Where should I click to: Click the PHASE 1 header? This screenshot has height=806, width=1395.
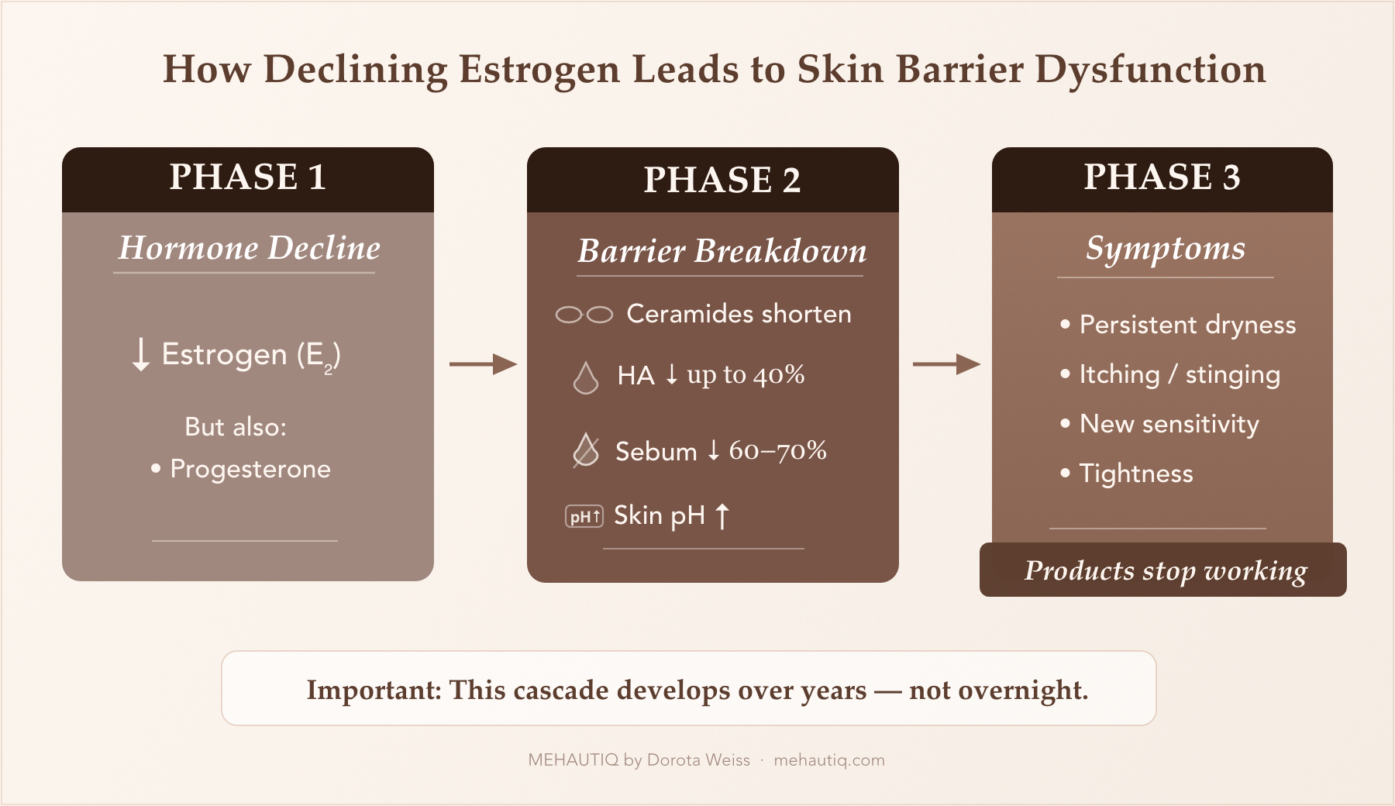[248, 177]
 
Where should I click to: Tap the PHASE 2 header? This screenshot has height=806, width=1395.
[722, 181]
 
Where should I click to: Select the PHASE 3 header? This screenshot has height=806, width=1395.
[1162, 177]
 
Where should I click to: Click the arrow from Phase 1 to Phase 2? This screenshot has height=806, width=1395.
[483, 363]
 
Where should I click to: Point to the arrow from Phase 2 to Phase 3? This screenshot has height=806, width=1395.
[946, 363]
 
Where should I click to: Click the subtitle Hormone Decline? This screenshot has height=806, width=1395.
[250, 249]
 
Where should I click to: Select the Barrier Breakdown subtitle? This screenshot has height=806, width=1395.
[722, 252]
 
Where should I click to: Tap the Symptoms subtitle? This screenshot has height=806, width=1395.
[1165, 249]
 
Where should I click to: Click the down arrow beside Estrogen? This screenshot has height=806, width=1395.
[140, 354]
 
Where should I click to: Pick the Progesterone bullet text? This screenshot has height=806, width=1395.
[250, 469]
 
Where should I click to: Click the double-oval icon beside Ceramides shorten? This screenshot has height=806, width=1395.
[584, 315]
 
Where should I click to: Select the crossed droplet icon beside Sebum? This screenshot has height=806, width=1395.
[586, 450]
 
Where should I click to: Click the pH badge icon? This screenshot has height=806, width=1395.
[584, 517]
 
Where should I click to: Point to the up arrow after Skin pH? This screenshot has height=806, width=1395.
[722, 515]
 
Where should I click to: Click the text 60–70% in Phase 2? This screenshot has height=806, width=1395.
[777, 450]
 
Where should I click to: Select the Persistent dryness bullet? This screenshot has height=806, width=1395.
[1187, 325]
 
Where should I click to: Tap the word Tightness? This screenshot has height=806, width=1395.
[1135, 474]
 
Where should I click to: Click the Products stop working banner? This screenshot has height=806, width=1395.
[1163, 570]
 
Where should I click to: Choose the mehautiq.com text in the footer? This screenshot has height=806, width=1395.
[828, 760]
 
